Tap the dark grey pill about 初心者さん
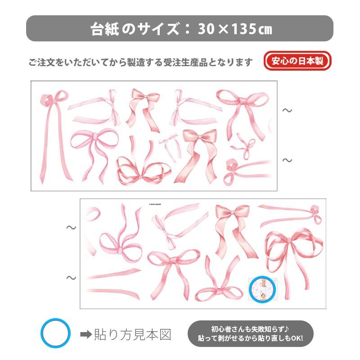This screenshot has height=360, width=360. [251, 333]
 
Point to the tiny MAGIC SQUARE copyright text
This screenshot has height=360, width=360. [158, 203]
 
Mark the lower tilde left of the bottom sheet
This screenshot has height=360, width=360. [71, 278]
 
